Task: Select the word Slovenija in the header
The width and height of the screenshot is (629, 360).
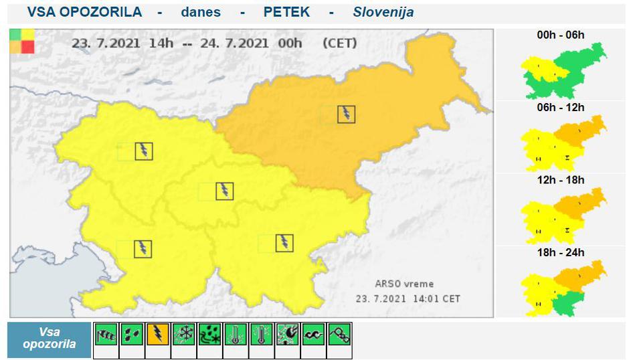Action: [383, 12]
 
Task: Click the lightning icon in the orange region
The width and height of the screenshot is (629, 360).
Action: [346, 114]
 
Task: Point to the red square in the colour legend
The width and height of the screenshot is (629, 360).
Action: [27, 47]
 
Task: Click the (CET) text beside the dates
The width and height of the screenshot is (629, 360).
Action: [339, 43]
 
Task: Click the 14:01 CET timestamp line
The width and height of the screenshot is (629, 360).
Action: [408, 298]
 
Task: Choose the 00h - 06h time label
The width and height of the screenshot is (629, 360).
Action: [561, 35]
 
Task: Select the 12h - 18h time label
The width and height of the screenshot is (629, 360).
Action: [561, 180]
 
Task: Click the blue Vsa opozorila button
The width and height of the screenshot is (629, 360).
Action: [49, 340]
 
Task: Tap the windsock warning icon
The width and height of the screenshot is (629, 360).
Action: [106, 334]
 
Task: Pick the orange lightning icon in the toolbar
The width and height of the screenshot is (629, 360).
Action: [158, 334]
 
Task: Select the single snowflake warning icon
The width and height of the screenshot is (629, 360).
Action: [184, 334]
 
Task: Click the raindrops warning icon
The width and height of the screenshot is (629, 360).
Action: [132, 334]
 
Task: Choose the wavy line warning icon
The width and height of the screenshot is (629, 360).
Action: [314, 334]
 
